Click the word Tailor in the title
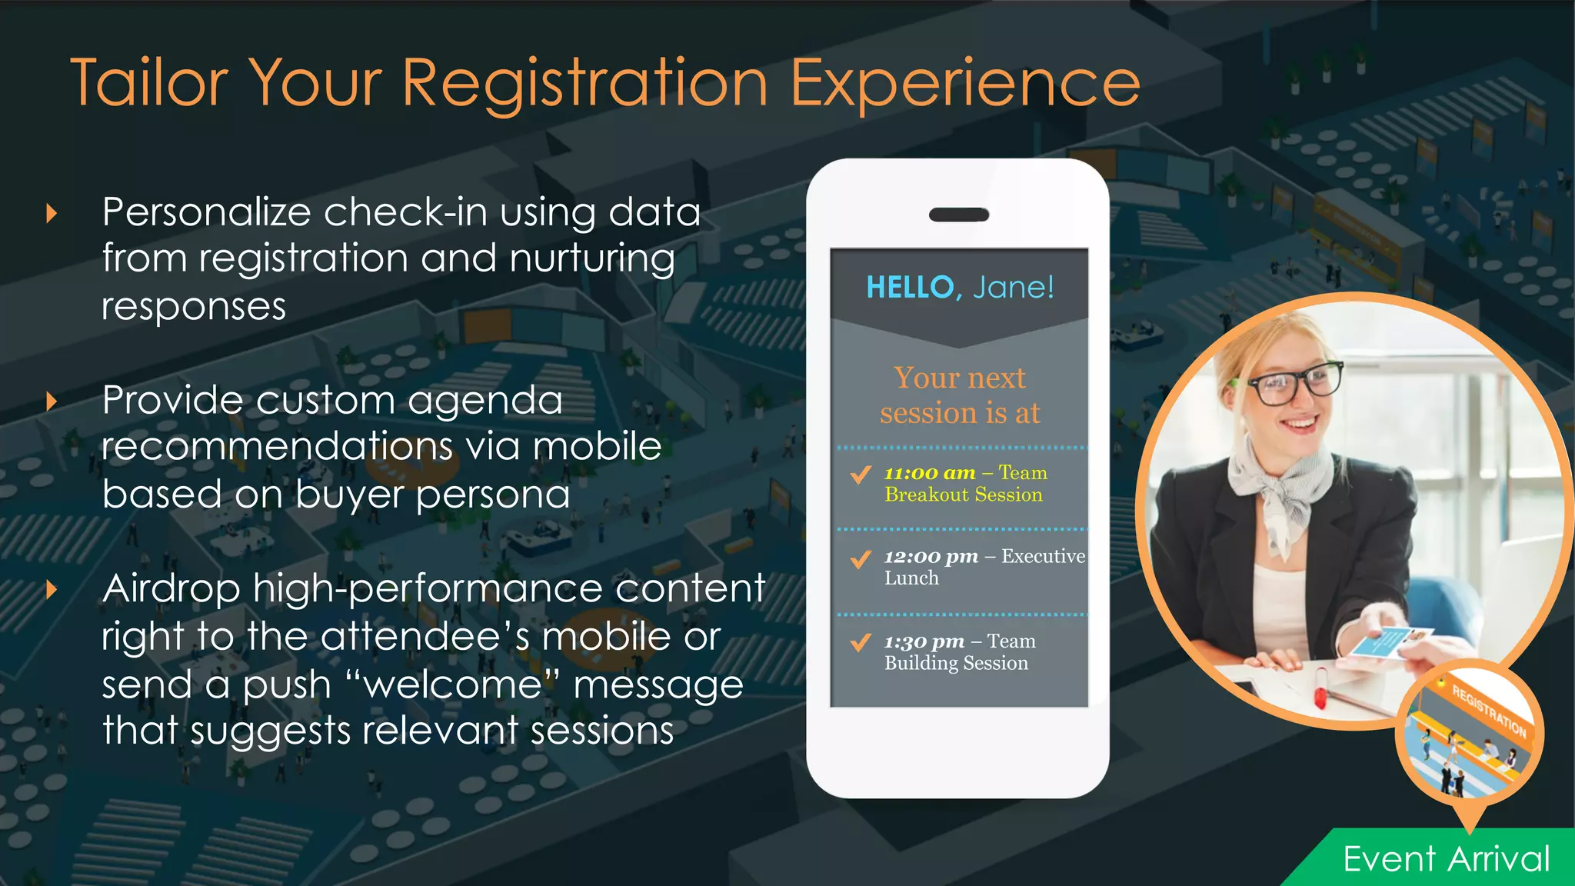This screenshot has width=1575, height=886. click(150, 82)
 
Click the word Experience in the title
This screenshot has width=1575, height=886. click(965, 82)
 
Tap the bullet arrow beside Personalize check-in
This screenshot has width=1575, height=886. click(52, 213)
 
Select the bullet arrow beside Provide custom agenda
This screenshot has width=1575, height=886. click(52, 401)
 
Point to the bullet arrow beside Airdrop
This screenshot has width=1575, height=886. click(52, 590)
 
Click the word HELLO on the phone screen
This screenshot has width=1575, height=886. click(910, 288)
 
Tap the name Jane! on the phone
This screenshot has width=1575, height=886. click(1013, 288)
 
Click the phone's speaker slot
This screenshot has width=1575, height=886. click(959, 215)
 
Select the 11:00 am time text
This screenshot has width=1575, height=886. click(929, 473)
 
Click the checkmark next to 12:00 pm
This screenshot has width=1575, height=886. click(861, 558)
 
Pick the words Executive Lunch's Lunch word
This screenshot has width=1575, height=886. click(911, 578)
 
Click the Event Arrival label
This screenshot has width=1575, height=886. click(1446, 859)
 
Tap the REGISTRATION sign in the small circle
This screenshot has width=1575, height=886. click(1489, 710)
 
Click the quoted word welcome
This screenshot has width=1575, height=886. click(453, 684)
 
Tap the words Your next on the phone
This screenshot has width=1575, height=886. click(959, 378)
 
